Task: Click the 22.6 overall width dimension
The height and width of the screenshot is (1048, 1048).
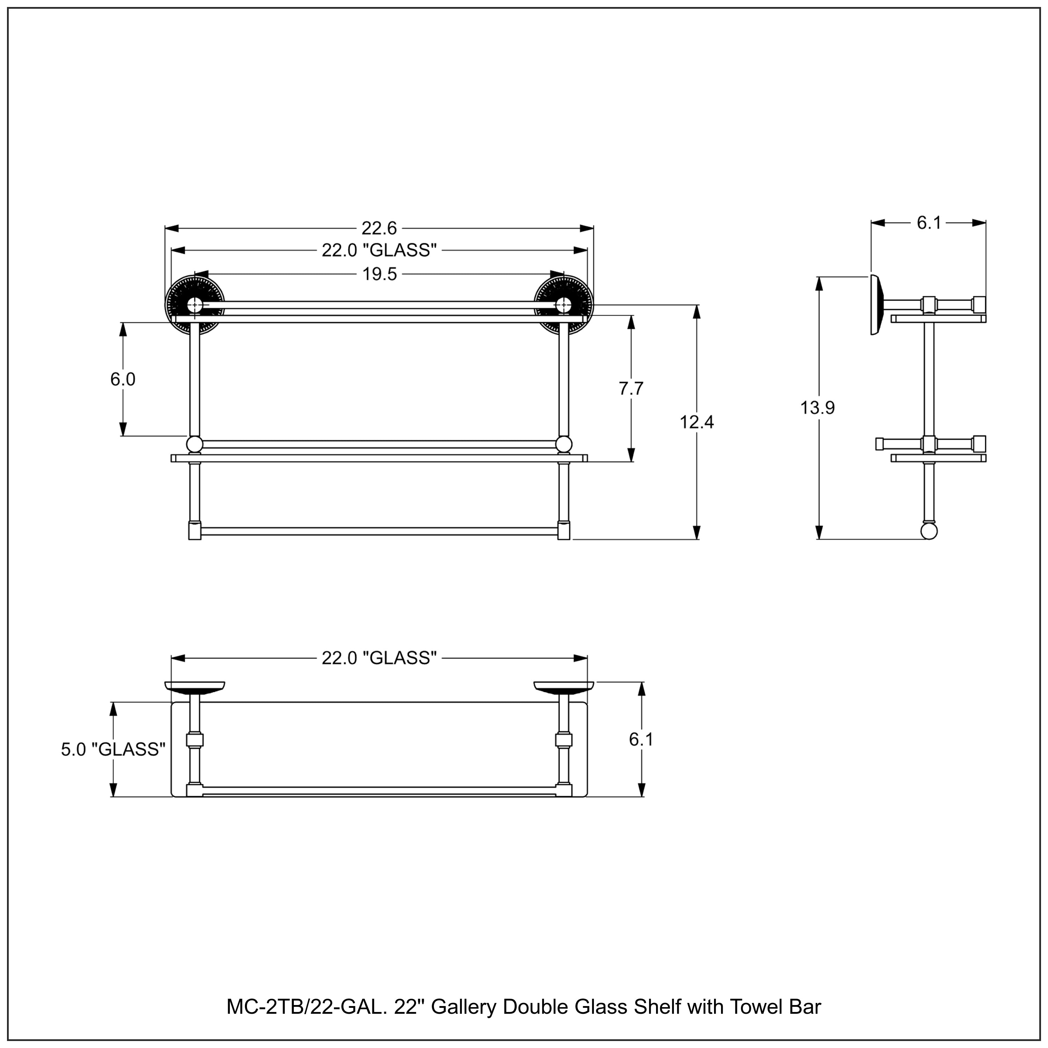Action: [379, 228]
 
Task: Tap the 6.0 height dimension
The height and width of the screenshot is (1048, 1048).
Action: [123, 379]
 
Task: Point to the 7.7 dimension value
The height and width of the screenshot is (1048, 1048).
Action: [631, 388]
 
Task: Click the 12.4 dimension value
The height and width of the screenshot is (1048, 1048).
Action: [697, 422]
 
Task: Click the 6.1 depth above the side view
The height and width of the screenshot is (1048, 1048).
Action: [929, 223]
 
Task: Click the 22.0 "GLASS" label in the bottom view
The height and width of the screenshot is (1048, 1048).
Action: [379, 658]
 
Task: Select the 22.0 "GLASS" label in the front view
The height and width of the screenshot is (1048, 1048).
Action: [379, 250]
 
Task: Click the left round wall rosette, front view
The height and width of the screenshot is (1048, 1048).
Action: [194, 305]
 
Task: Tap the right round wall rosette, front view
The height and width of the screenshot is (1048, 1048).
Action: [563, 305]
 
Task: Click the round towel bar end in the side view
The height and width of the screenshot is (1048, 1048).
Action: [929, 531]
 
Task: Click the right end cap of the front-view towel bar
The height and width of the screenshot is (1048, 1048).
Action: [563, 531]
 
